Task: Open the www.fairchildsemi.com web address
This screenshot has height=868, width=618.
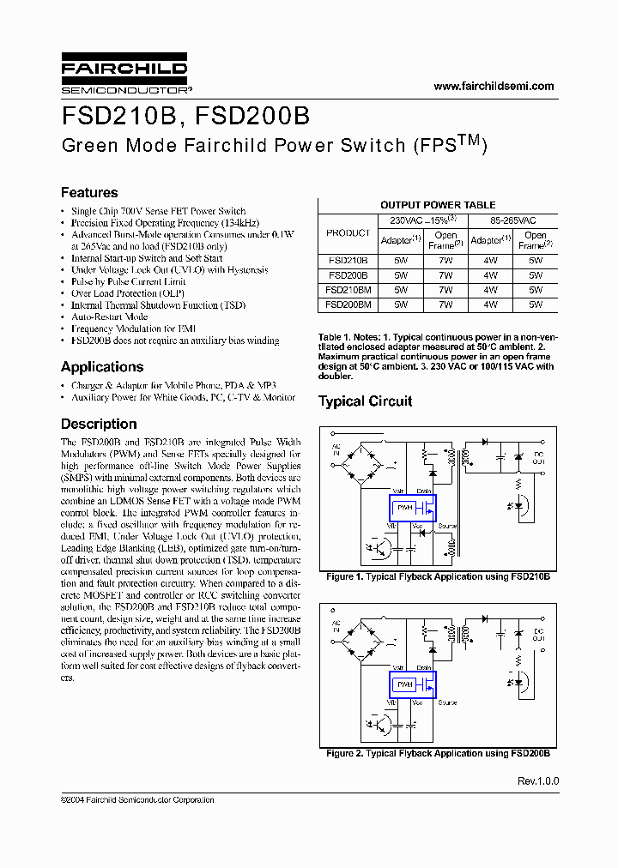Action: [x=494, y=86]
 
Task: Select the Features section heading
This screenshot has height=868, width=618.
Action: [x=89, y=192]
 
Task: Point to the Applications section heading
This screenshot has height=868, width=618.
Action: [x=102, y=366]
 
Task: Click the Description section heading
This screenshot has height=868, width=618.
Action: [x=99, y=424]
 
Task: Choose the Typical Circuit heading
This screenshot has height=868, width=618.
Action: [x=365, y=401]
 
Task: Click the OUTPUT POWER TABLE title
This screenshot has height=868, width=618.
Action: [x=438, y=205]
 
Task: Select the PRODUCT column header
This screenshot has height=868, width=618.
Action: [x=348, y=233]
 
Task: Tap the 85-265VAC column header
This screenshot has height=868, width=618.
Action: [x=512, y=220]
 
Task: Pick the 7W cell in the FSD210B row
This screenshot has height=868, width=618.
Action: [x=445, y=260]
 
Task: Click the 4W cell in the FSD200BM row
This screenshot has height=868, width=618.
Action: [x=490, y=304]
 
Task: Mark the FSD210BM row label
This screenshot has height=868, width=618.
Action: [x=348, y=289]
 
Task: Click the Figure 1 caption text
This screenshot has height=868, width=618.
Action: [x=438, y=577]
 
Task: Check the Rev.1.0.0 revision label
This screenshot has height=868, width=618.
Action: [x=538, y=781]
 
